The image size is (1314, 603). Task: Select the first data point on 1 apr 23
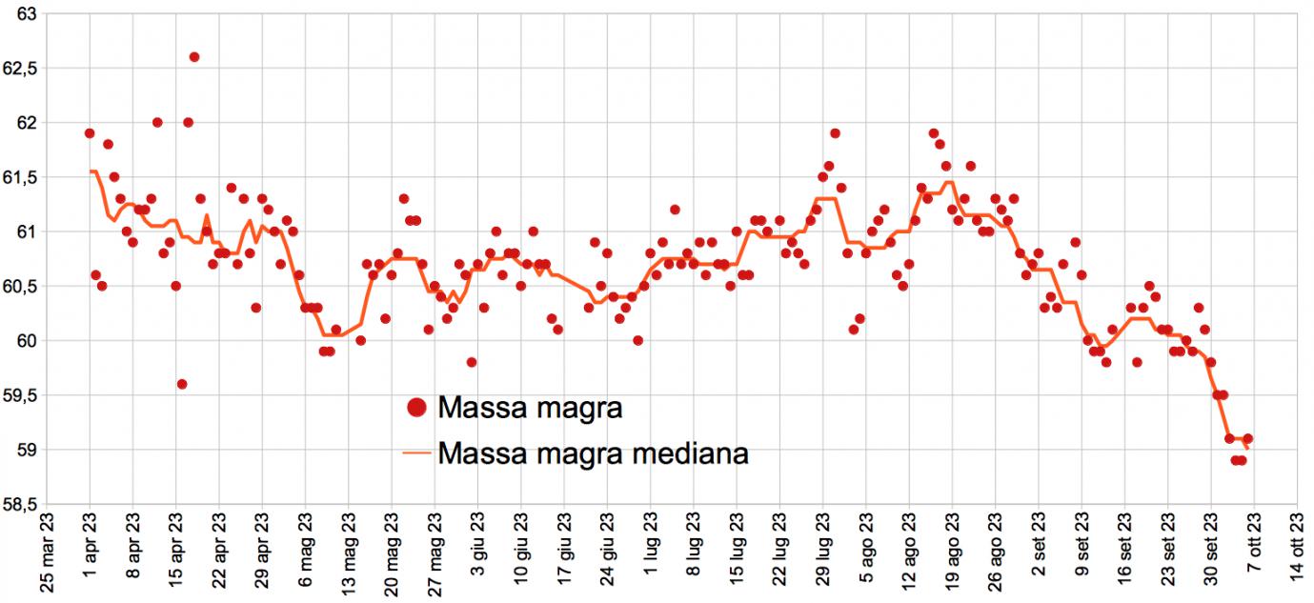pos(90,133)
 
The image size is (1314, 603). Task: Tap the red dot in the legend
pos(415,409)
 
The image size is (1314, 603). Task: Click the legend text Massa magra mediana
pos(593,453)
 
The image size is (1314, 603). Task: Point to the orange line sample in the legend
pos(415,454)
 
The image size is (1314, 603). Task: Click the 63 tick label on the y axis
pos(27,14)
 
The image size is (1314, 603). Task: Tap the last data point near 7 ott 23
pos(1247,439)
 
